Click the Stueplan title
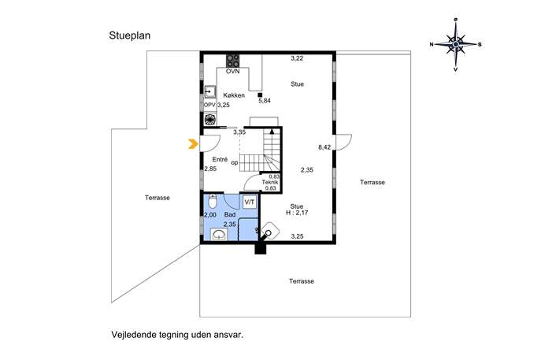pyautogui.click(x=130, y=35)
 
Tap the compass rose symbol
pyautogui.click(x=455, y=45)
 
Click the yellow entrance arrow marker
pyautogui.click(x=193, y=143)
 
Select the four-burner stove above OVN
pyautogui.click(x=232, y=61)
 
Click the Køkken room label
pyautogui.click(x=234, y=95)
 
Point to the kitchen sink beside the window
pyautogui.click(x=209, y=92)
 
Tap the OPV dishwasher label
pyautogui.click(x=209, y=105)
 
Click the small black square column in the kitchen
pyautogui.click(x=260, y=95)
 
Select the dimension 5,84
pyautogui.click(x=265, y=101)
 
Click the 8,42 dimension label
pyautogui.click(x=324, y=147)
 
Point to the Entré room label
pyautogui.click(x=220, y=159)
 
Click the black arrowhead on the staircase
pyautogui.click(x=272, y=132)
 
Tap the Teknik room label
pyautogui.click(x=270, y=182)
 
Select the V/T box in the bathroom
pyautogui.click(x=250, y=202)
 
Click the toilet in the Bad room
pyautogui.click(x=213, y=201)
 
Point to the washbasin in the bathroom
pyautogui.click(x=219, y=235)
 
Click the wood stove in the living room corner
pyautogui.click(x=270, y=232)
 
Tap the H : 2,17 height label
pyautogui.click(x=297, y=213)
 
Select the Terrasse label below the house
pyautogui.click(x=302, y=281)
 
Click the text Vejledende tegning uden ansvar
pyautogui.click(x=177, y=335)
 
